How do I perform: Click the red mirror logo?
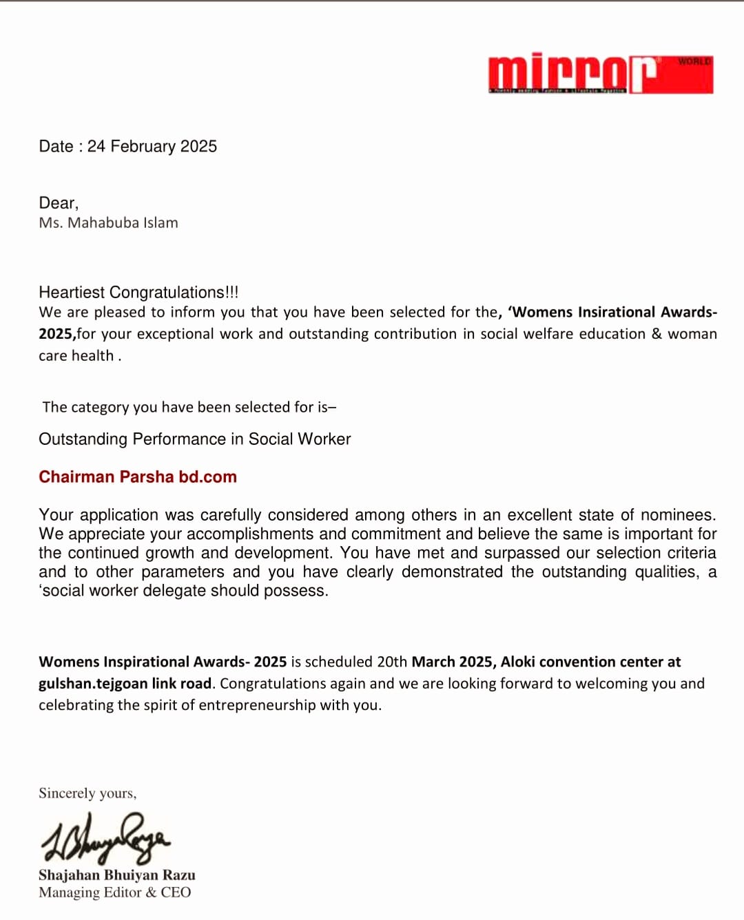[x=572, y=74]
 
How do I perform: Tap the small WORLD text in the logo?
[x=694, y=61]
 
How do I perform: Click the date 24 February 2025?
[x=152, y=147]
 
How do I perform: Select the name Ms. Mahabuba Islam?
[x=108, y=223]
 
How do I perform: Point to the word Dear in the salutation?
[x=57, y=203]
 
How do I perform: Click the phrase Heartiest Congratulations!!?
[x=138, y=293]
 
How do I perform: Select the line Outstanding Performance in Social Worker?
[x=194, y=439]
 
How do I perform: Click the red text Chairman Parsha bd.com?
[x=138, y=477]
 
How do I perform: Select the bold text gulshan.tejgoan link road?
[x=125, y=684]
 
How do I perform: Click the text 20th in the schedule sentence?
[x=392, y=662]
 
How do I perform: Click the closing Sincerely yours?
[x=87, y=793]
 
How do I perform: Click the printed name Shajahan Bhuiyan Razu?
[x=117, y=875]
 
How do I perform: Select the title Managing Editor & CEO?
[x=115, y=892]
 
